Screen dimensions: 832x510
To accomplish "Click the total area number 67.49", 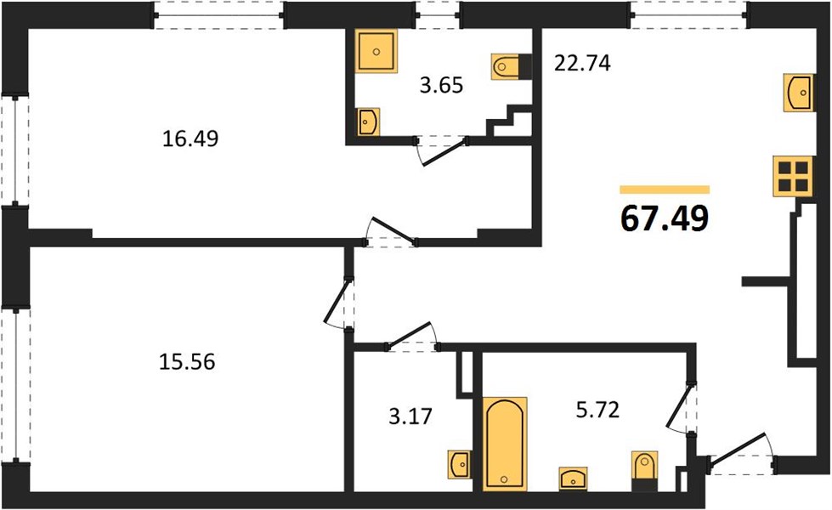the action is (665, 218).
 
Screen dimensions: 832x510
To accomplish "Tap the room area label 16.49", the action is (190, 139).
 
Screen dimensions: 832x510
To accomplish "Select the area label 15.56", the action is (187, 362).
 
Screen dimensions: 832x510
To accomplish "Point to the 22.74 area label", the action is (582, 63).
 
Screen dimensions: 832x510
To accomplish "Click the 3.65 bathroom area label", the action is (441, 85).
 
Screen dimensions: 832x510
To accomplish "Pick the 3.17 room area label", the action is (410, 416).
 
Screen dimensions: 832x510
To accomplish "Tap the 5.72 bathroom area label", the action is (598, 410).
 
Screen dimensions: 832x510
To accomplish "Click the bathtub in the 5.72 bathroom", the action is (505, 444).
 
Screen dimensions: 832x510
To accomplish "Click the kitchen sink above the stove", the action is (799, 93).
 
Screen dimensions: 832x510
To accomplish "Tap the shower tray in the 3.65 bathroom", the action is (376, 50).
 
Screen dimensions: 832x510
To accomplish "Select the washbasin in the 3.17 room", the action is (460, 465).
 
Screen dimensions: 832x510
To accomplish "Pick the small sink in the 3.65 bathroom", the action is (367, 122).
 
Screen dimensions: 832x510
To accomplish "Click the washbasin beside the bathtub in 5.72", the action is (573, 479).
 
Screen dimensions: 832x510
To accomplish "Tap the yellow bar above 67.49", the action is (665, 190).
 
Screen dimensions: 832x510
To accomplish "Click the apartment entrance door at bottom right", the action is (741, 454).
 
